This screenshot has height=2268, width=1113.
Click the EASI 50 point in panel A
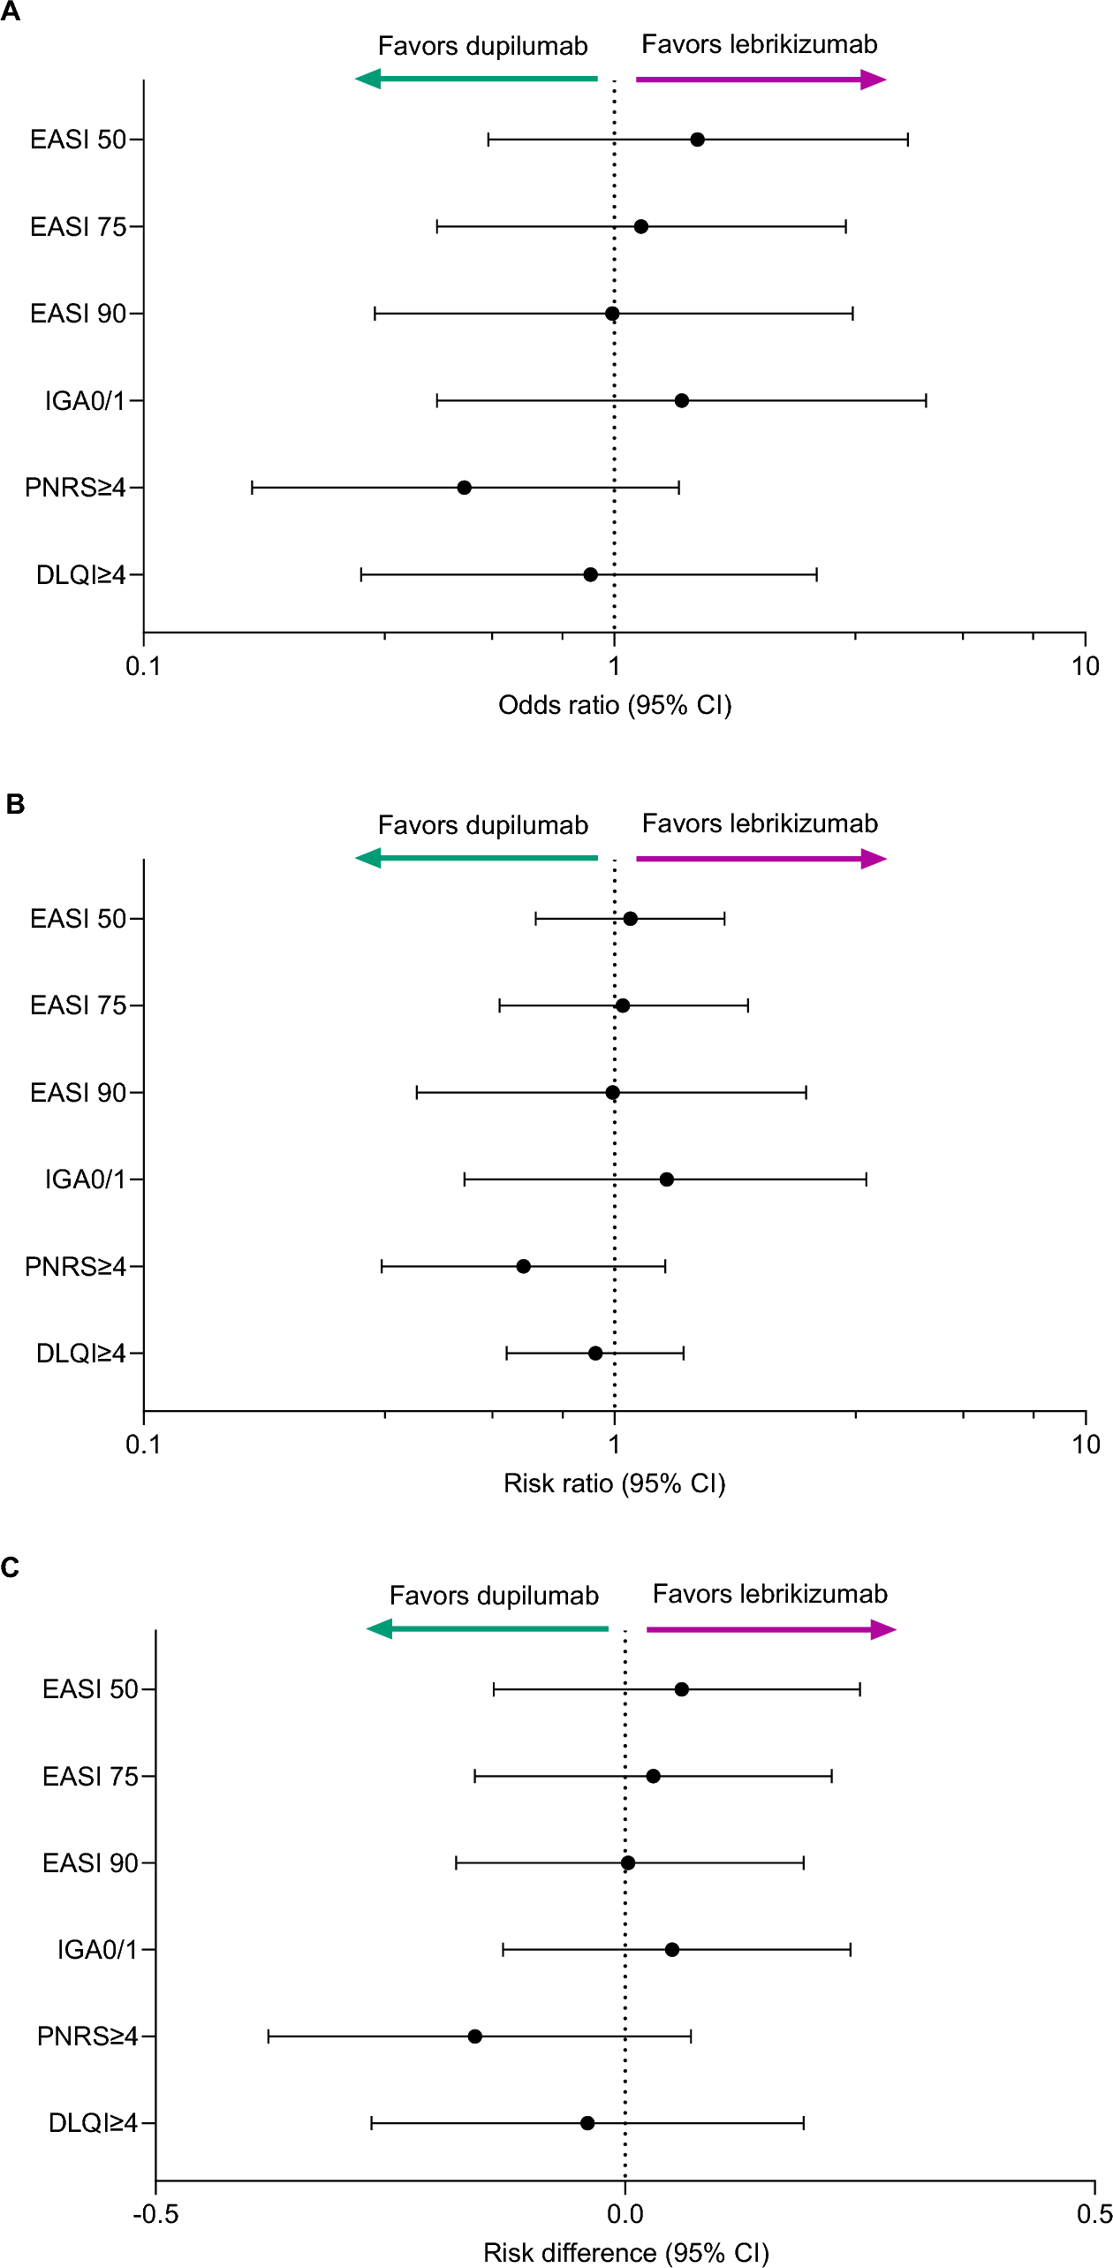pos(697,140)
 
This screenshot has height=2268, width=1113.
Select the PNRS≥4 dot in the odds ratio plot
pos(464,488)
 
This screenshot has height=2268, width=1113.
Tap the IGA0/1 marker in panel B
pos(667,1180)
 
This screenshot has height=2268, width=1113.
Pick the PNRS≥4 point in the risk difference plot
pos(475,2037)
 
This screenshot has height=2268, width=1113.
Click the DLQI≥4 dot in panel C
pos(587,2123)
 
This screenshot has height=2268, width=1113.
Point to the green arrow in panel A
pos(477,80)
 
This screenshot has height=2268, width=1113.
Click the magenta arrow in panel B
pos(761,859)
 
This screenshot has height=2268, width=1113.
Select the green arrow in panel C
pos(488,1629)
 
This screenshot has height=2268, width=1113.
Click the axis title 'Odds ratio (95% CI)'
pos(615,705)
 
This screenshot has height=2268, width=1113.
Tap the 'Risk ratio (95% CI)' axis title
pos(615,1483)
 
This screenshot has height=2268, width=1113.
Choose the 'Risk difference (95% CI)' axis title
pos(625,2252)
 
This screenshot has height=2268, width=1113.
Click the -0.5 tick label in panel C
pos(155,2214)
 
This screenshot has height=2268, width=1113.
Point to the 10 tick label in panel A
pos(1086,666)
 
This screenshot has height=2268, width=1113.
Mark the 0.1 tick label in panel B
pos(143,1445)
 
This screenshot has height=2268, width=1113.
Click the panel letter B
pos(15,804)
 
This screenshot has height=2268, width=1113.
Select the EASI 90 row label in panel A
pos(78,314)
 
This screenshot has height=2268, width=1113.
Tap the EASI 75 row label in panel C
pos(90,1776)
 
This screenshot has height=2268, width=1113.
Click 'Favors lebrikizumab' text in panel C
pos(769,1594)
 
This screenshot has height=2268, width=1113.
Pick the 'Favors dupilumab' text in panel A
pos(482,46)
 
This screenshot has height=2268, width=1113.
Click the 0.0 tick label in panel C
pos(625,2214)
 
